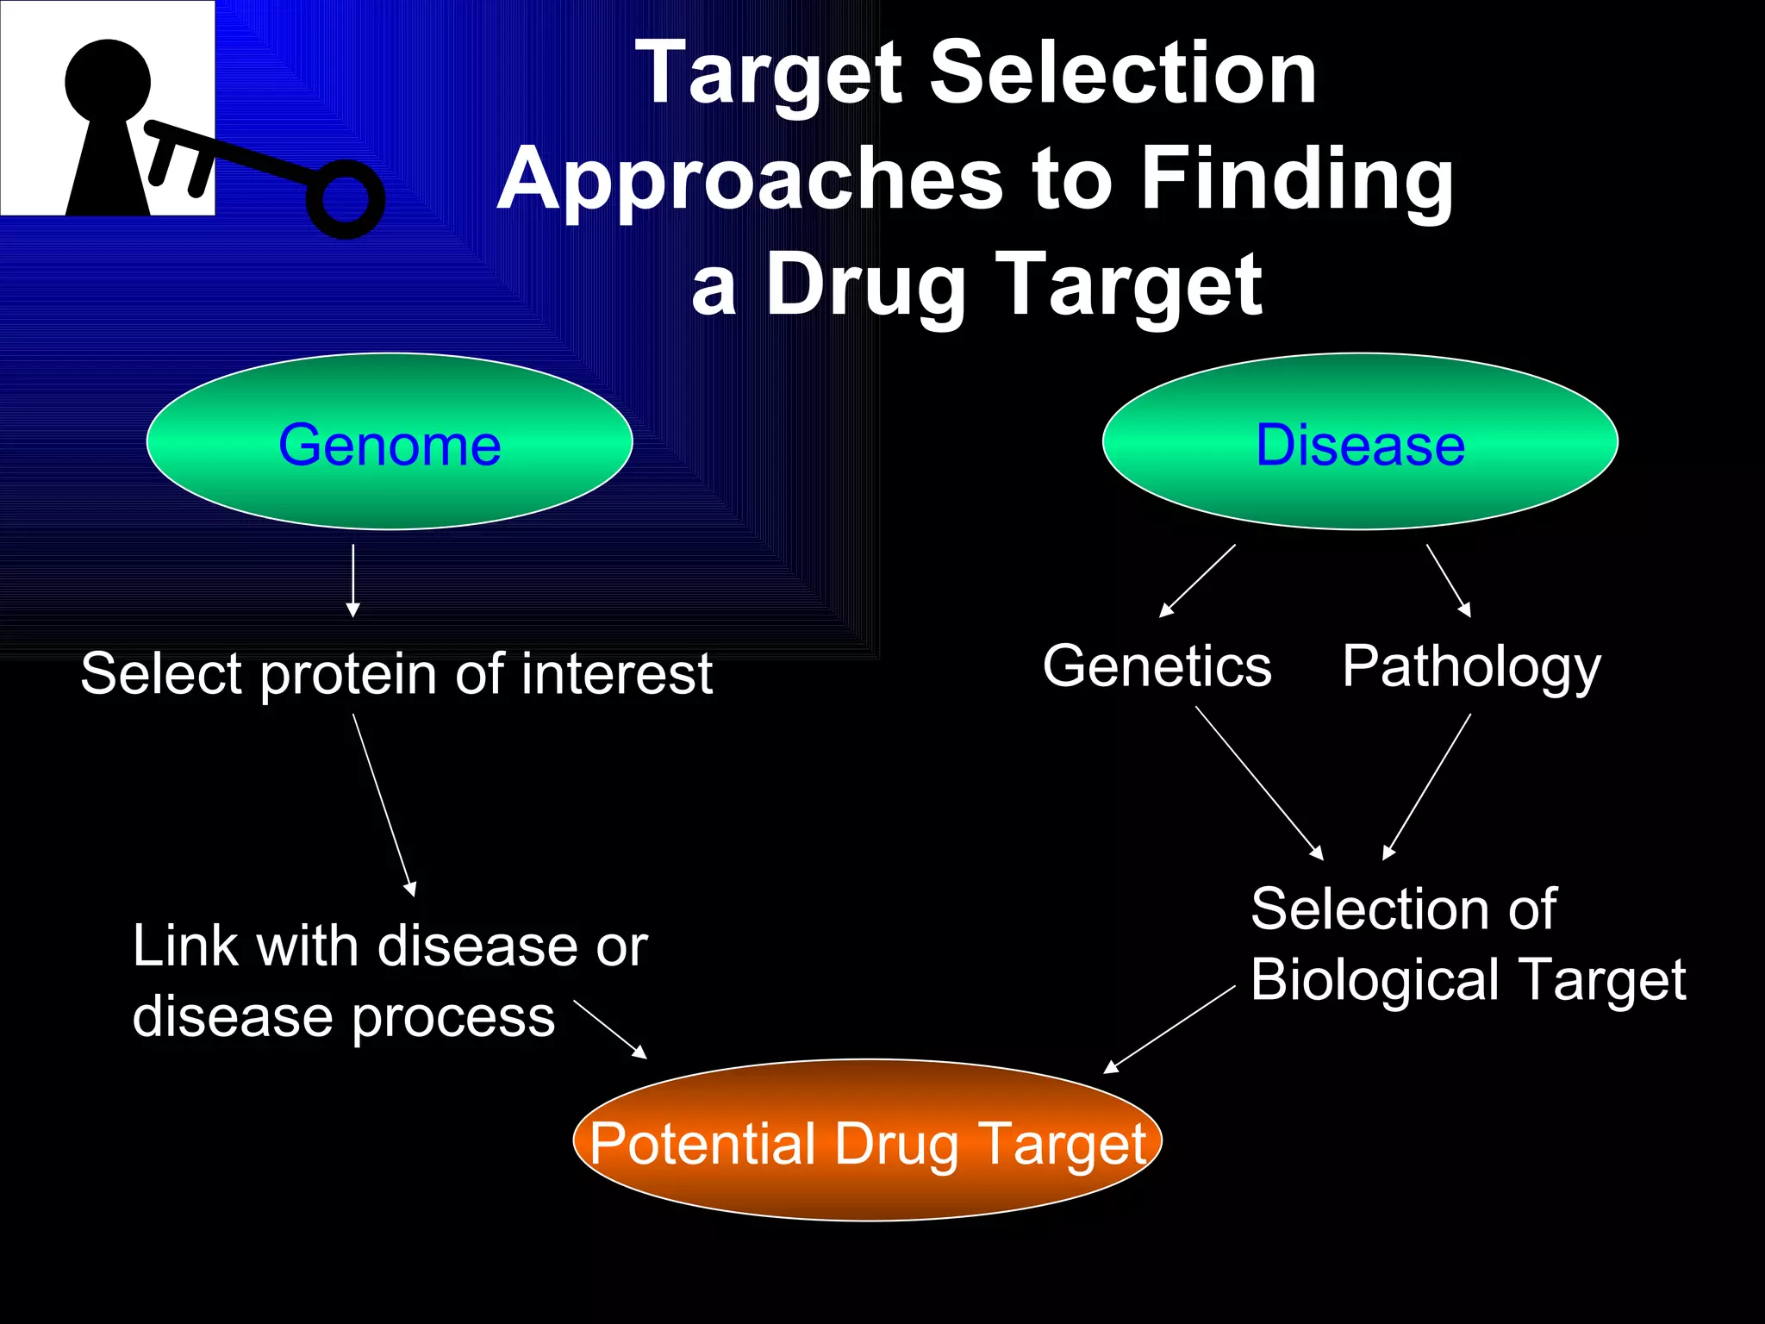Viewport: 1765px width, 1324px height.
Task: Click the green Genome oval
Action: [x=390, y=441]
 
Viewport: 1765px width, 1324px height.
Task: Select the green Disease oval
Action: [x=1360, y=441]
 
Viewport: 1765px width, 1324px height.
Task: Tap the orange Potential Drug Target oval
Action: [x=867, y=1140]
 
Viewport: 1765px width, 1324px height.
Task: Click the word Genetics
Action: [x=1157, y=666]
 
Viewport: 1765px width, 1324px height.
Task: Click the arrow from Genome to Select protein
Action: [x=353, y=580]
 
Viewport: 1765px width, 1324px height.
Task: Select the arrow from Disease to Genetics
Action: [x=1198, y=580]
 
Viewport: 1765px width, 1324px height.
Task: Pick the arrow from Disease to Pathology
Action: [x=1448, y=579]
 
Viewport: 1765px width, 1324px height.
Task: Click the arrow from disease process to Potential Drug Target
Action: [x=610, y=1029]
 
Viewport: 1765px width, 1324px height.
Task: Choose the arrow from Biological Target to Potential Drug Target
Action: [x=1169, y=1029]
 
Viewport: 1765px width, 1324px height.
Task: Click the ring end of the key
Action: [x=346, y=198]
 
